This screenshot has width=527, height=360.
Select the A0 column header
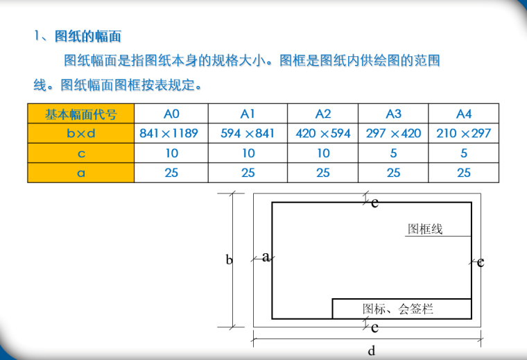click(171, 114)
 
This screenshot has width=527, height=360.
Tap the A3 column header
click(393, 114)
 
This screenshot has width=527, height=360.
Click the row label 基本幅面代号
click(80, 114)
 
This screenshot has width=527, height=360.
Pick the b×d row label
click(80, 133)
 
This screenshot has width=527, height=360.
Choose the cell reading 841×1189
click(169, 133)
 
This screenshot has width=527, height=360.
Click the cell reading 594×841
click(248, 133)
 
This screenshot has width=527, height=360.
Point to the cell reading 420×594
click(323, 133)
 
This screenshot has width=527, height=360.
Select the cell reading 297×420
click(393, 133)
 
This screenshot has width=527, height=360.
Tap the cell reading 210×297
click(464, 133)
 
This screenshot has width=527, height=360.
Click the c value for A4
click(464, 153)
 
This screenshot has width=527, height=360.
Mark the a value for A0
click(171, 173)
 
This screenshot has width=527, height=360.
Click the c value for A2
click(323, 153)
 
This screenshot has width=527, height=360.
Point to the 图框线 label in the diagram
click(425, 229)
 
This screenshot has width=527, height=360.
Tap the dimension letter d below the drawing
click(372, 350)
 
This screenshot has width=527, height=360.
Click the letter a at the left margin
click(266, 257)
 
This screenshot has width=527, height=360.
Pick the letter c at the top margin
click(374, 203)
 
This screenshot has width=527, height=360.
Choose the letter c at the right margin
click(481, 262)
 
